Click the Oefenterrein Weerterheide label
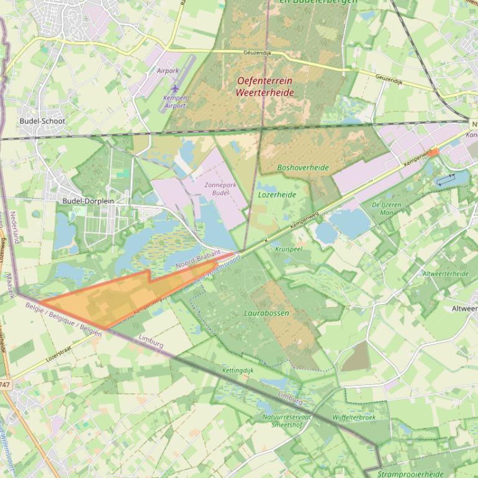[x=264, y=87]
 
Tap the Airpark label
[x=168, y=71]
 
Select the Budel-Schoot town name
[x=42, y=121]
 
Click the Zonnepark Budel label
[x=217, y=189]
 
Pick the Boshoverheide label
[x=303, y=168]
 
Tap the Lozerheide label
[x=276, y=194]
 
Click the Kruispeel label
[x=288, y=248]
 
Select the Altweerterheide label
[x=446, y=273]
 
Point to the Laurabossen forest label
[x=266, y=313]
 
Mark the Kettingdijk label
[x=238, y=371]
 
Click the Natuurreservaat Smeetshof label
[x=287, y=421]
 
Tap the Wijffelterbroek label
[x=354, y=417]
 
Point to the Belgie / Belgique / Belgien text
[x=63, y=318]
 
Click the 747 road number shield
[x=5, y=385]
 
